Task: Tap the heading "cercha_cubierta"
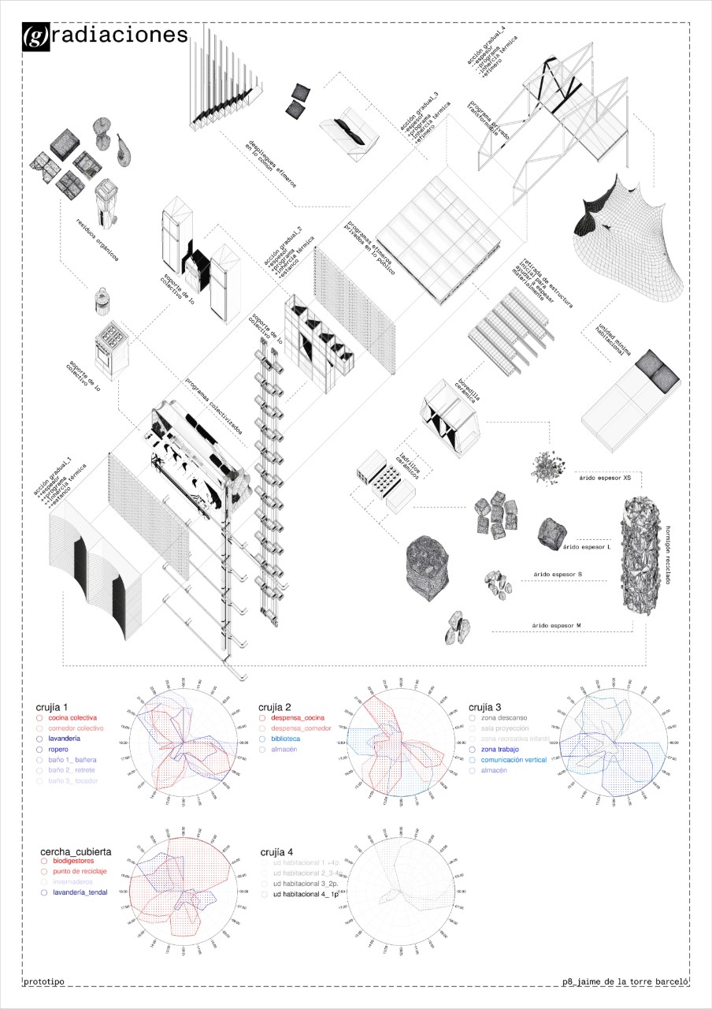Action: tap(76, 852)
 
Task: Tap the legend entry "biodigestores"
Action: tap(77, 862)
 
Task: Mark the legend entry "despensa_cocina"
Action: tap(297, 718)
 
